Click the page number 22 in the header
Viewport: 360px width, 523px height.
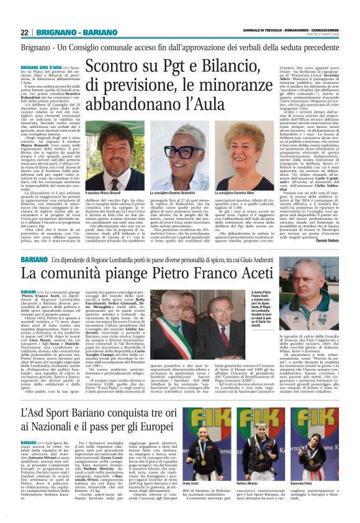[25, 32]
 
